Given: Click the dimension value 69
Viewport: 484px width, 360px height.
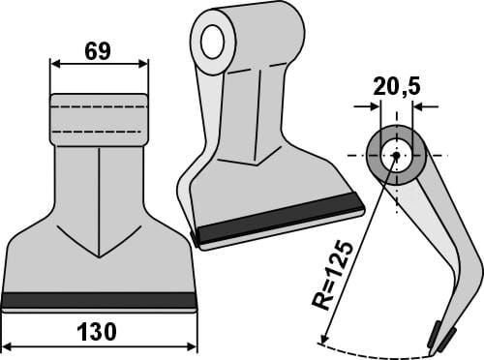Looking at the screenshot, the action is coord(98,51).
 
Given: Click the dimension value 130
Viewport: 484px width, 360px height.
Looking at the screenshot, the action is coord(97,332).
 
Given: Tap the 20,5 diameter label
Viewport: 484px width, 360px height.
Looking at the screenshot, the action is coord(397,87).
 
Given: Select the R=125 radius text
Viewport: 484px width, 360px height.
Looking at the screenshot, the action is coord(332,275).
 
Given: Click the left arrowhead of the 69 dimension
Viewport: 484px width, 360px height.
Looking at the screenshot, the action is coord(55,64).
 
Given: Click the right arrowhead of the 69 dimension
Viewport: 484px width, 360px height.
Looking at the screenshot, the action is coord(143,64).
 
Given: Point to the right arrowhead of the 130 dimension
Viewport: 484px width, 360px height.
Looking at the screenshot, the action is coord(192,347).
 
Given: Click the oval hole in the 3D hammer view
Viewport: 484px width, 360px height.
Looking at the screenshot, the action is coord(213,42).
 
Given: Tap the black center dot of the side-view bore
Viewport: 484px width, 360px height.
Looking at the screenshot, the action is coord(397,156).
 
